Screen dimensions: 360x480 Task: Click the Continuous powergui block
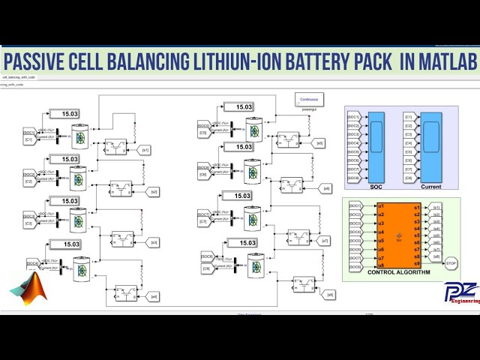tap(308, 99)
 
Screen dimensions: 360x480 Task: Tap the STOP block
tap(451, 263)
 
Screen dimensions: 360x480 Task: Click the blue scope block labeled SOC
tap(376, 147)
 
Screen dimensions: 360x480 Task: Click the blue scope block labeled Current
tap(430, 147)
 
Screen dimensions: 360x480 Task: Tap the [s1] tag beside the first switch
tap(145, 150)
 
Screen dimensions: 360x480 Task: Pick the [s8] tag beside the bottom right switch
tap(330, 295)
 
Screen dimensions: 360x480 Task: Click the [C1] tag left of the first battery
tap(29, 139)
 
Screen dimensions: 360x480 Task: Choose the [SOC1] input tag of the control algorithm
tap(354, 205)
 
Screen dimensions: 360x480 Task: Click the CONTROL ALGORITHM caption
tap(398, 272)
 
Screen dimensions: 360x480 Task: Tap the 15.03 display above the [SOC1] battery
tap(70, 114)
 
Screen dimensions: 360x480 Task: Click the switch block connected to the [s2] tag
tap(121, 188)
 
